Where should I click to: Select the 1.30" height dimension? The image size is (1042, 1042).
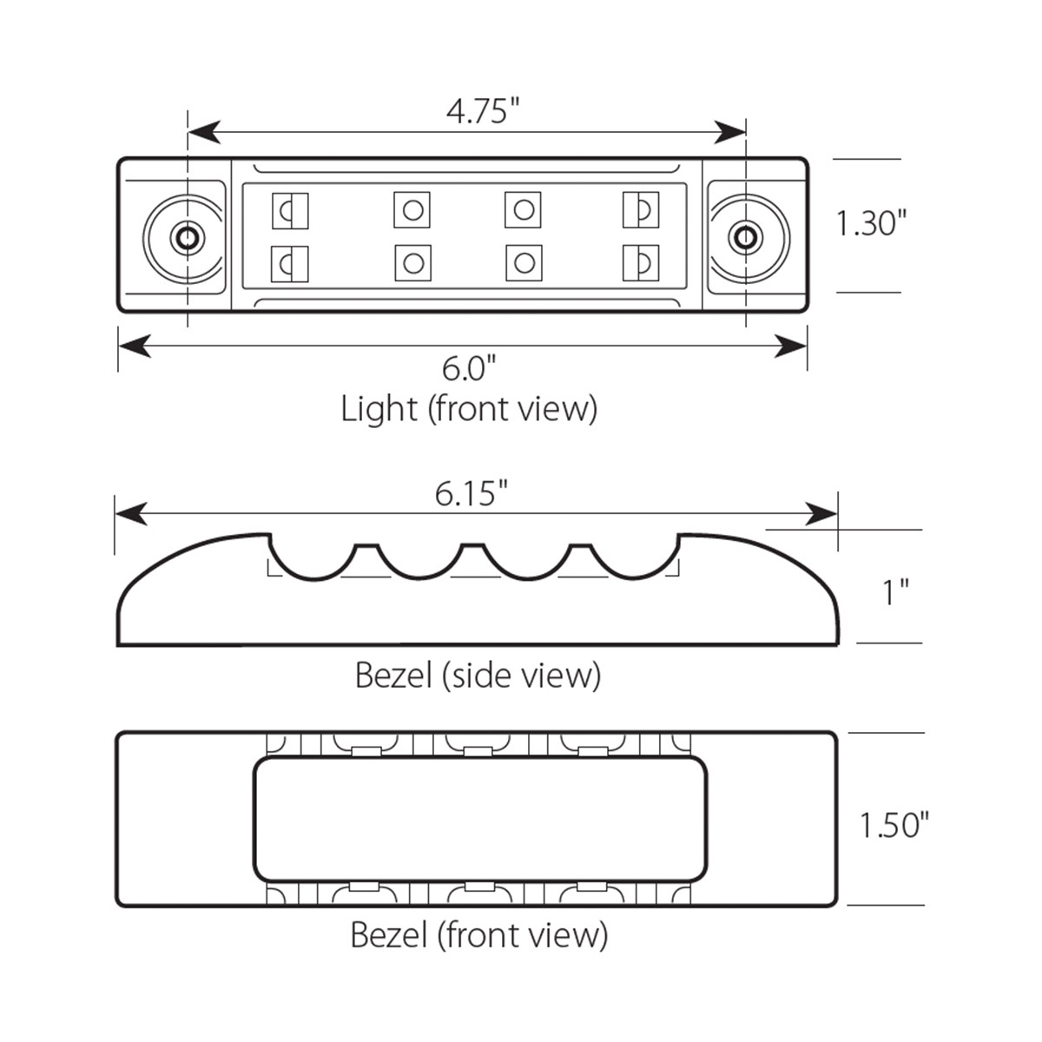871,223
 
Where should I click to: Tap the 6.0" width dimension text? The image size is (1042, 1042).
468,368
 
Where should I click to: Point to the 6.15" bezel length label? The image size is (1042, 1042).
471,493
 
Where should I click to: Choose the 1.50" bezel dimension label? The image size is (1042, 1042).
894,824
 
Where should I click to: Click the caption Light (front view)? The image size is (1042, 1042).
469,408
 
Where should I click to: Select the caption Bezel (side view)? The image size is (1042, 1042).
478,675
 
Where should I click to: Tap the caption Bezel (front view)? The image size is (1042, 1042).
478,935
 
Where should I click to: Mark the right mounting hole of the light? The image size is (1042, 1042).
743,236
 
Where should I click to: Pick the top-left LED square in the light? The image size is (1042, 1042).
291,210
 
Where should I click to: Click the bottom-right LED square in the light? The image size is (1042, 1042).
641,263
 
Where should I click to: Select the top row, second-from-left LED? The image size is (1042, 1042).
412,209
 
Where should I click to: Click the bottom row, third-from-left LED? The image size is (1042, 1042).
524,263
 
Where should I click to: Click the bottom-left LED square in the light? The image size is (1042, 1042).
291,263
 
